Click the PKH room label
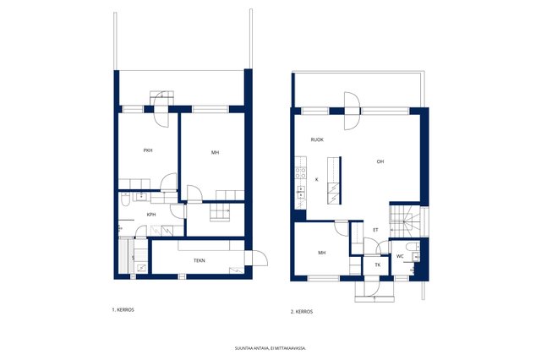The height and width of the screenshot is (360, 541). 148,150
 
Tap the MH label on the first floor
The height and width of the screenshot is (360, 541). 215,153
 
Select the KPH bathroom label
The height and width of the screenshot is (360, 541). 151,215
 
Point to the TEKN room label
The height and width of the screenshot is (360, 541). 199,260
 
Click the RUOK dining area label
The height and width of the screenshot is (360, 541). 317,139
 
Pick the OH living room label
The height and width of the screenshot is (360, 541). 380,161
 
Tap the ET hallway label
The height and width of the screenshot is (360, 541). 375,230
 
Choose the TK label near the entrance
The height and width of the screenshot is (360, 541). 378,265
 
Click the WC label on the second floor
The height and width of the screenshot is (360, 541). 400,256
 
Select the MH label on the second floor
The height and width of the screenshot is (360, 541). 321,253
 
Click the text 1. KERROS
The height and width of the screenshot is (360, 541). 123,309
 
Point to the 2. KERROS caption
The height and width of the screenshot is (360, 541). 302,311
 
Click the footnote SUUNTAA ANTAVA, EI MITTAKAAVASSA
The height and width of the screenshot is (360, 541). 270,348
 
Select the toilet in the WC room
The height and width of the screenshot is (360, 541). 413,247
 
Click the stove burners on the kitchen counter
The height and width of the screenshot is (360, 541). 301,172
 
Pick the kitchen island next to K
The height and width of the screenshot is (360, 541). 335,180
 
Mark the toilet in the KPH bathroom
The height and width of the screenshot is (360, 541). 126,200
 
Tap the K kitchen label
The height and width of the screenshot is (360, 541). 317,180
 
